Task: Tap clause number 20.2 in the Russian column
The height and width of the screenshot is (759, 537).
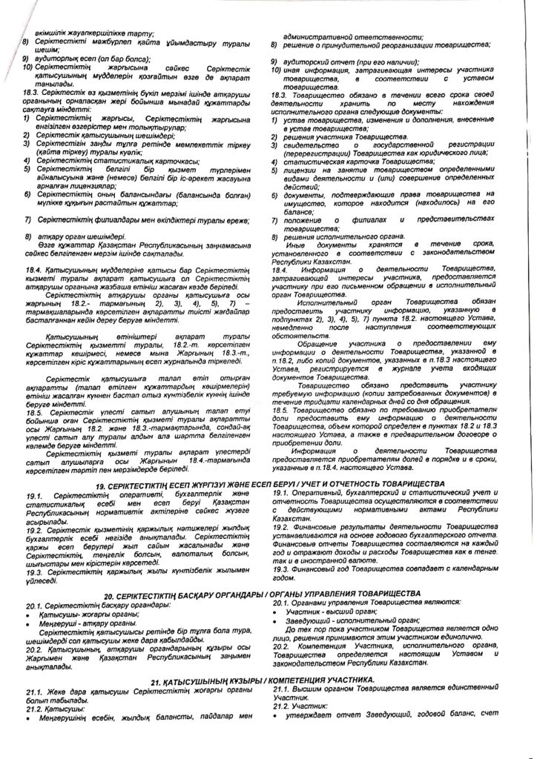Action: (282, 645)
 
